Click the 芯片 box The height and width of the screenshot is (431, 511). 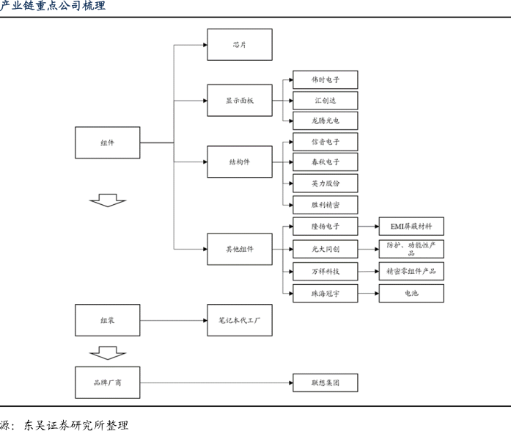239,44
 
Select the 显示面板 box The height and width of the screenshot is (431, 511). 239,101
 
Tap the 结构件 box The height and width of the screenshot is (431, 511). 239,162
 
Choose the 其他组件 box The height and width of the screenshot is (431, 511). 239,250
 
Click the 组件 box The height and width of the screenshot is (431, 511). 107,142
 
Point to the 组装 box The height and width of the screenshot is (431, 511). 107,321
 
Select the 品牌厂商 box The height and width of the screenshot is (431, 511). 107,383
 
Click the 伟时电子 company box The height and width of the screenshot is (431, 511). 326,79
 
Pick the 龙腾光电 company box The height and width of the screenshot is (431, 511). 326,120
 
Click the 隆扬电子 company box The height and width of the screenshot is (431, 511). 326,225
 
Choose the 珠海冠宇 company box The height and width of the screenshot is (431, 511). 326,294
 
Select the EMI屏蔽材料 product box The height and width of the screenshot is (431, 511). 411,225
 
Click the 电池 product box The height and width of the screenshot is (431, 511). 411,294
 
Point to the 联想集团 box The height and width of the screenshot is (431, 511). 326,383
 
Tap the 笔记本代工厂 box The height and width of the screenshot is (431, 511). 239,321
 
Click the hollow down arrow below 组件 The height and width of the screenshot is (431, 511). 108,200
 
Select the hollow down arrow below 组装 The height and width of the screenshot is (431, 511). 108,353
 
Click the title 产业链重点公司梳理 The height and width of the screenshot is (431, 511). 53,7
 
